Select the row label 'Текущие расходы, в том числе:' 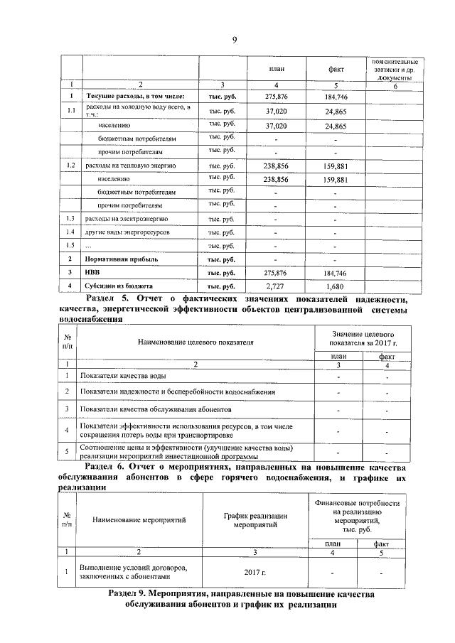pyautogui.click(x=135, y=96)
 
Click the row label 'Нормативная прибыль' pyautogui.click(x=123, y=259)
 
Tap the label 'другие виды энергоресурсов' pyautogui.click(x=127, y=232)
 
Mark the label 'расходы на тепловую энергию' pyautogui.click(x=130, y=165)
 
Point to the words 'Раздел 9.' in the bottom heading pyautogui.click(x=134, y=593)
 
